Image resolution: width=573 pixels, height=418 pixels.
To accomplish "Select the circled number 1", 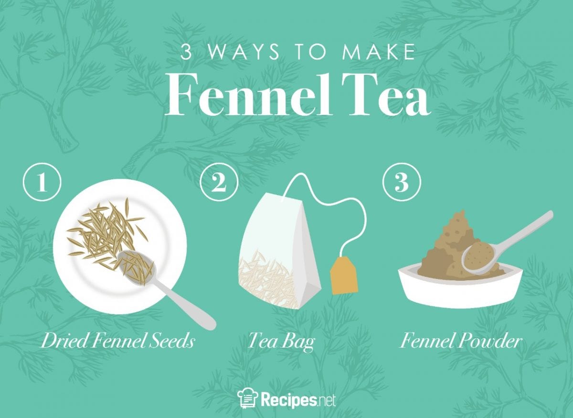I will (42, 184).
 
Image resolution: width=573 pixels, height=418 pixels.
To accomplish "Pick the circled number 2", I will (219, 184).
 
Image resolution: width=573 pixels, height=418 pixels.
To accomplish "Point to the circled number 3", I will (402, 184).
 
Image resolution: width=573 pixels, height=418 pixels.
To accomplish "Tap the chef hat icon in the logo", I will (247, 398).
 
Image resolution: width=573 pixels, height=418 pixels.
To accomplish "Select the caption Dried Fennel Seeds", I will (117, 341).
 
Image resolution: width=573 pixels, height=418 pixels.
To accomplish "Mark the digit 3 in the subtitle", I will (186, 53).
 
